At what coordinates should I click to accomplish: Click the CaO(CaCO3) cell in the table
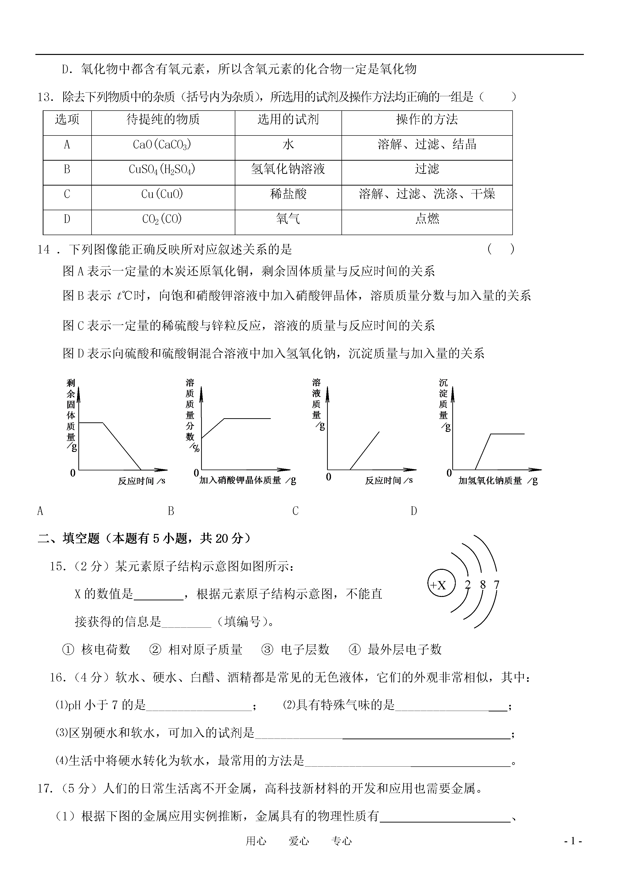click(162, 145)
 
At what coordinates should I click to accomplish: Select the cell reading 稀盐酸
click(288, 194)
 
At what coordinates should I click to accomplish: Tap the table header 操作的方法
click(427, 120)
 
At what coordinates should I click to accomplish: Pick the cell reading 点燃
click(427, 219)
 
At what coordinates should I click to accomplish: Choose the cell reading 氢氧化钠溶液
click(288, 169)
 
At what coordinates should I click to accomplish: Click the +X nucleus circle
click(441, 585)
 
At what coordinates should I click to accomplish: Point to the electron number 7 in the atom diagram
click(496, 584)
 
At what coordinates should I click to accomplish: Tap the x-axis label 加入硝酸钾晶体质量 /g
click(247, 480)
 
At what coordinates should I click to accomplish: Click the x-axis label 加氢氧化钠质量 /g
click(498, 481)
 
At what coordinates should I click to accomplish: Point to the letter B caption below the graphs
click(171, 511)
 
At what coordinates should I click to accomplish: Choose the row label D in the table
click(67, 219)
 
